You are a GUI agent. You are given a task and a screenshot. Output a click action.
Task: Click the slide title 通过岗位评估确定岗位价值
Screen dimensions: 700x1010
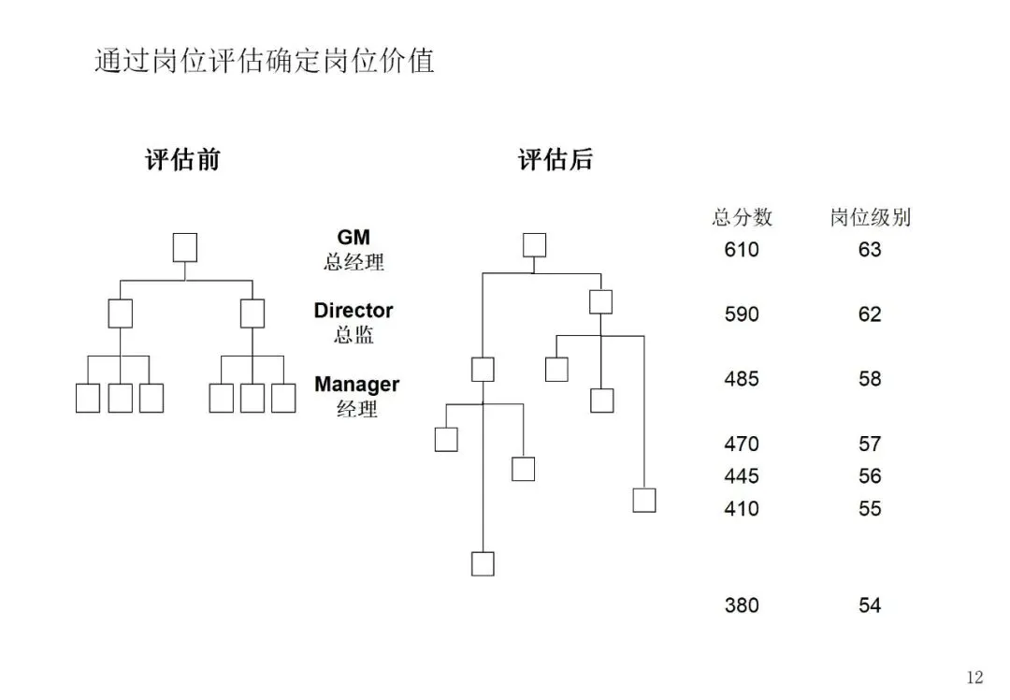point(265,62)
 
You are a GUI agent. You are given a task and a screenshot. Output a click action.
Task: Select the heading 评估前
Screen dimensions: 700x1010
point(182,160)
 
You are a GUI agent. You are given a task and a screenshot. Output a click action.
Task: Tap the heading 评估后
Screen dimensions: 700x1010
point(555,160)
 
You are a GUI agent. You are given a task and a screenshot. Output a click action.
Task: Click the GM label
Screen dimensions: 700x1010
point(353,238)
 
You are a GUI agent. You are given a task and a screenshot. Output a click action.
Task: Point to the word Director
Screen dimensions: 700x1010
point(353,311)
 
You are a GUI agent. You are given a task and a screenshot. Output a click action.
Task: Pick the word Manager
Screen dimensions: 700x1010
point(356,385)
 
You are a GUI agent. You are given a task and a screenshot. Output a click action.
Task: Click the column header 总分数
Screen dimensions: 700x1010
point(743,218)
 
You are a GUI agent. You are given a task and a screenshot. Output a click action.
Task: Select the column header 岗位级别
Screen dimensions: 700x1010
point(870,218)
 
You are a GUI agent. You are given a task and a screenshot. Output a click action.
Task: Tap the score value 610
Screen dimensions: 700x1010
point(742,250)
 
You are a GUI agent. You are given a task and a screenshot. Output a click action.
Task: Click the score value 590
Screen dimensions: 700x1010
point(742,314)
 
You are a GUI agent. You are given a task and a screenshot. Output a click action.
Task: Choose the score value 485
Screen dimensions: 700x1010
point(742,379)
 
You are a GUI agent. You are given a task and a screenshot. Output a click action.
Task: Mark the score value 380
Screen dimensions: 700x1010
point(742,605)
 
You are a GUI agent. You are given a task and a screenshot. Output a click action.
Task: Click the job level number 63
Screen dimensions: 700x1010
point(870,250)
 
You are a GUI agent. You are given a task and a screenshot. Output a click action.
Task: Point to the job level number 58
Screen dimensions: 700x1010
point(870,379)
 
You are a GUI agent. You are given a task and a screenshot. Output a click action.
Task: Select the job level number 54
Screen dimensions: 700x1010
point(870,605)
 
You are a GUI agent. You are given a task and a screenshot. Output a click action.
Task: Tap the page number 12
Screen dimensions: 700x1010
point(974,678)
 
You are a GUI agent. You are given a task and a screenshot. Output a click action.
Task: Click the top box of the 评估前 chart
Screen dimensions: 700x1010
point(185,248)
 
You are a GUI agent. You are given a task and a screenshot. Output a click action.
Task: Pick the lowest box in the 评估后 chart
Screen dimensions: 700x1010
point(483,563)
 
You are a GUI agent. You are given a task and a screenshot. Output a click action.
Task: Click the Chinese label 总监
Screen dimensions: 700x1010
point(353,334)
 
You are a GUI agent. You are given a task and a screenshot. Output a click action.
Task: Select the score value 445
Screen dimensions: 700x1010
point(742,476)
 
